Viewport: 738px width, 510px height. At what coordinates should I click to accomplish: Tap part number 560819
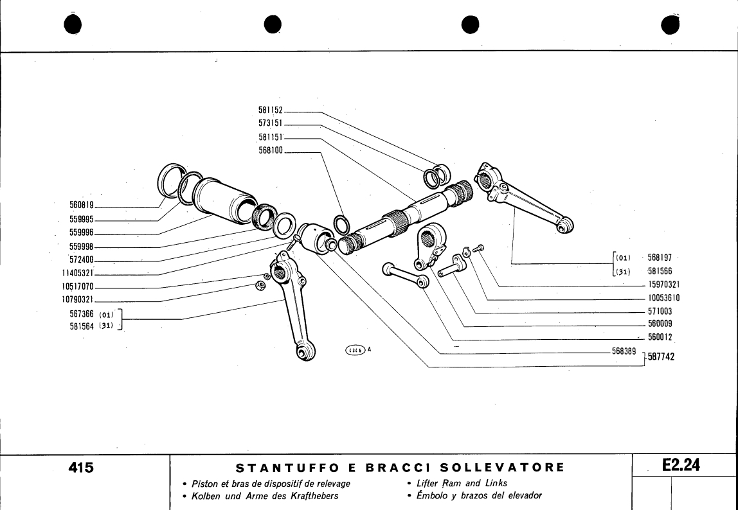pyautogui.click(x=82, y=206)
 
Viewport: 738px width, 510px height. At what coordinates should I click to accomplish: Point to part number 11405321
pyautogui.click(x=78, y=273)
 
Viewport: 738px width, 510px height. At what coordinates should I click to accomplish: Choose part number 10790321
pyautogui.click(x=78, y=299)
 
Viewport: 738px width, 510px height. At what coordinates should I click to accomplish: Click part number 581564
pyautogui.click(x=82, y=326)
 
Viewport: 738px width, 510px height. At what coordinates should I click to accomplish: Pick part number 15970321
pyautogui.click(x=664, y=285)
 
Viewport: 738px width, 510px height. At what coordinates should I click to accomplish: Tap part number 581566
pyautogui.click(x=660, y=271)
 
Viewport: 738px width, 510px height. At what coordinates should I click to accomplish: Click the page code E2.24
pyautogui.click(x=681, y=466)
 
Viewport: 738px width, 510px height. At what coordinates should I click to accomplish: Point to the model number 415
pyautogui.click(x=82, y=468)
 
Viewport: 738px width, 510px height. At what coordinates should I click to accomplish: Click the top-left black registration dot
pyautogui.click(x=74, y=24)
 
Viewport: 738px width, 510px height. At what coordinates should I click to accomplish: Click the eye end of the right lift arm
pyautogui.click(x=566, y=225)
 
